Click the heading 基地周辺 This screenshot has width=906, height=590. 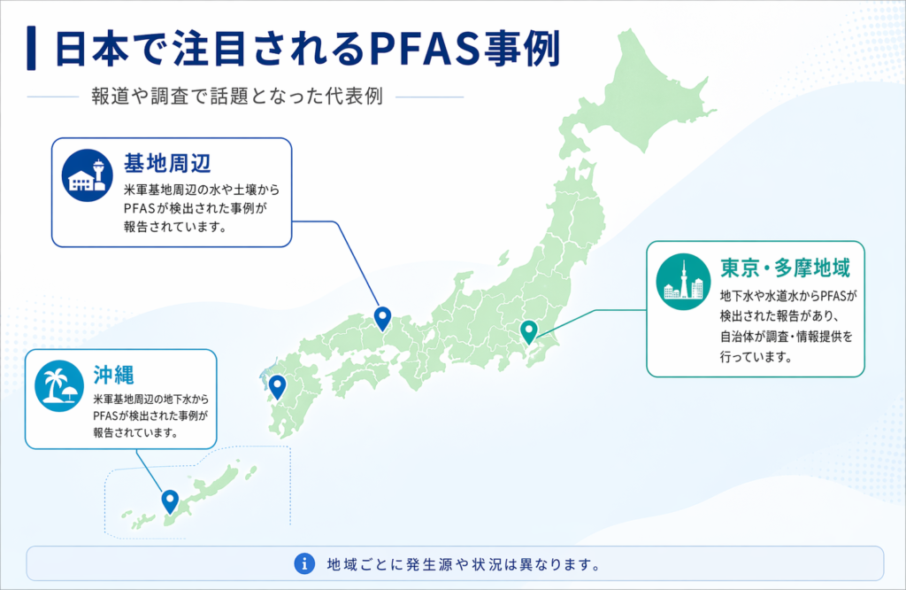166,164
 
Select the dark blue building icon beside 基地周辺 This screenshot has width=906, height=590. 88,175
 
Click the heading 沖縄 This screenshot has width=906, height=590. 112,373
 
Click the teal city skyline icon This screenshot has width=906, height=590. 683,282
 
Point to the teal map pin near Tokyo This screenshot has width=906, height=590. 528,331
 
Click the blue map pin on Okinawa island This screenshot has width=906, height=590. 170,501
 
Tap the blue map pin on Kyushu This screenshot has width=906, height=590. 277,386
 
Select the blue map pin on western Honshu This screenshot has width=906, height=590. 382,316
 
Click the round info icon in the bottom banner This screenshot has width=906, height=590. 303,563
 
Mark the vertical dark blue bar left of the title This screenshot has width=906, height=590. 33,49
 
